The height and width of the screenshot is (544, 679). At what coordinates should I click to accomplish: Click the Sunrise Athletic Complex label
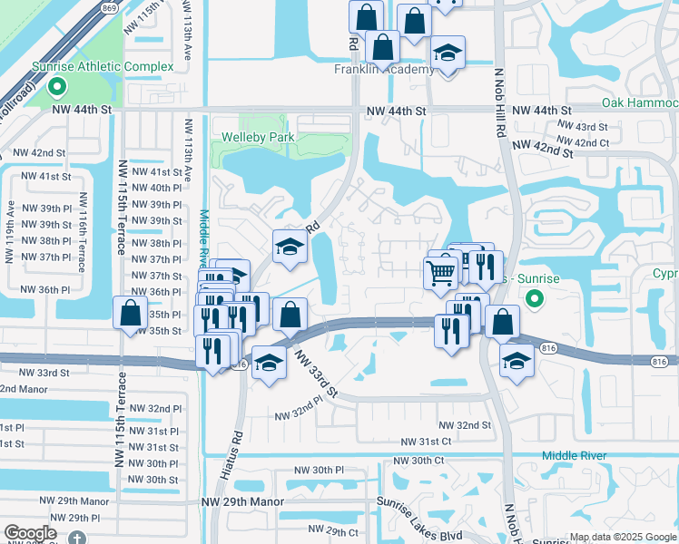(102, 67)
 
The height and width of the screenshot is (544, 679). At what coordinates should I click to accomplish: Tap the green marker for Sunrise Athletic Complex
(56, 88)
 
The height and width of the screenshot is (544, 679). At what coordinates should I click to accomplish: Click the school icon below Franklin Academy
(447, 54)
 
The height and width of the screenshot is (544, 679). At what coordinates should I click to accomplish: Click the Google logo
(31, 533)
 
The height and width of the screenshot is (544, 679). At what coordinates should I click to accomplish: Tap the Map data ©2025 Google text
(623, 537)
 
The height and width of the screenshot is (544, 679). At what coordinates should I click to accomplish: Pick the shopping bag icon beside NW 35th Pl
(131, 313)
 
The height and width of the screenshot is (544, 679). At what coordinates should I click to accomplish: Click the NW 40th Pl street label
(151, 188)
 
